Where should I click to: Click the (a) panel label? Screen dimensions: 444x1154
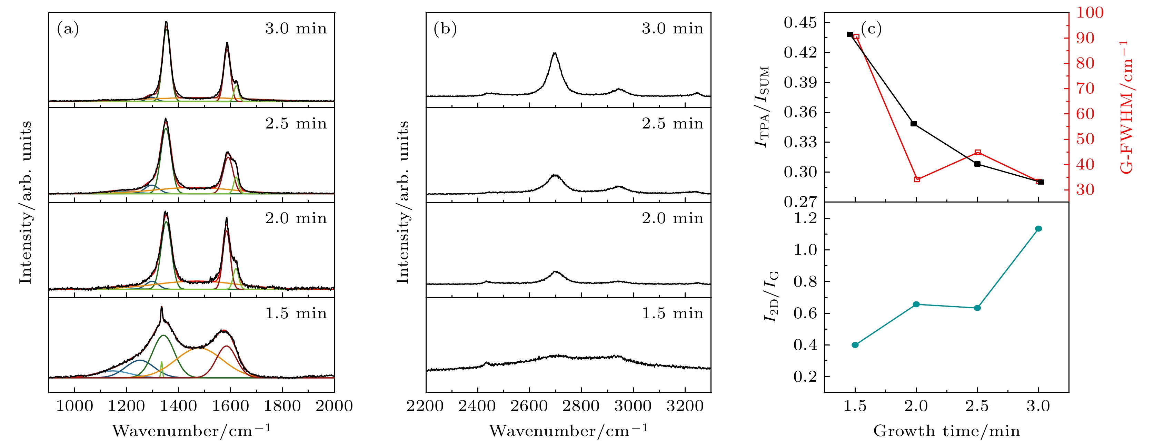point(68,29)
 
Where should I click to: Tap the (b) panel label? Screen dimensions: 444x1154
point(445,29)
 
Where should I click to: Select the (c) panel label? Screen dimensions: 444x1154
point(871,29)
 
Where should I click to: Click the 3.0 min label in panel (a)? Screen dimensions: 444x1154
point(296,29)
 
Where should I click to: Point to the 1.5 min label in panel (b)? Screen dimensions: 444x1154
point(673,313)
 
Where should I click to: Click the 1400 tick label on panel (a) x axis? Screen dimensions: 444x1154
point(178,406)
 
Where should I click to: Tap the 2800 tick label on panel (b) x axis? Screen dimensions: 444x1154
point(581,406)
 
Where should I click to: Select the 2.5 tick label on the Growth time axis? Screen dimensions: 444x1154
point(977,406)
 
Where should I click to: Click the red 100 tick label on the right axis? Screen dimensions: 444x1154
point(1090,12)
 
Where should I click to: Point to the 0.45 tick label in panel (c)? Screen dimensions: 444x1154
point(800,22)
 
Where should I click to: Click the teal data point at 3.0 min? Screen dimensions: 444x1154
point(1038,229)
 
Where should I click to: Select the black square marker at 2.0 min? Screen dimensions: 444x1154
point(913,124)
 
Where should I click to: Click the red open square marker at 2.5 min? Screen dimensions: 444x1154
point(977,153)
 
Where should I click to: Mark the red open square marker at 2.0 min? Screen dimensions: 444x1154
point(917,179)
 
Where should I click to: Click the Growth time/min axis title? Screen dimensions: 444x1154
point(946,431)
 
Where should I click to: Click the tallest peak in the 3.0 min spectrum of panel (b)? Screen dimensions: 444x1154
point(555,54)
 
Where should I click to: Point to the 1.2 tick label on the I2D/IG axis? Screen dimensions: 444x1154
point(805,218)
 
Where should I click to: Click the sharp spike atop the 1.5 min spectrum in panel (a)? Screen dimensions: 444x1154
point(161,307)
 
